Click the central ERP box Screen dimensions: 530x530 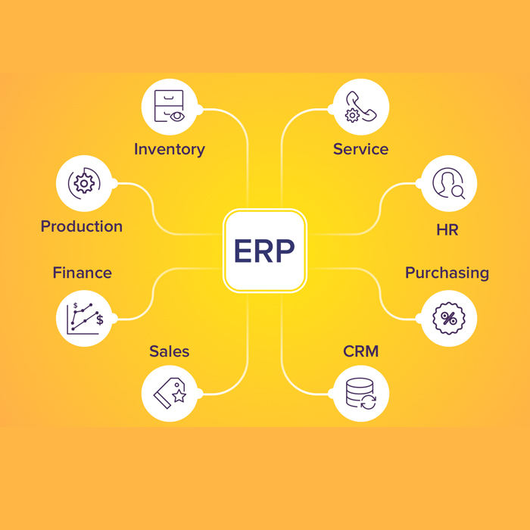[264, 251]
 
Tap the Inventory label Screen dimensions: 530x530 [170, 149]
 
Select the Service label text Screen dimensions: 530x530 [360, 149]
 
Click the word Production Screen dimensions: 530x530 [82, 226]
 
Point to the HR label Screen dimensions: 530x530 [447, 229]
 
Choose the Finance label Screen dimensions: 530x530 [82, 273]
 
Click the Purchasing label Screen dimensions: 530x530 [447, 273]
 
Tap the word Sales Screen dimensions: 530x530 [170, 351]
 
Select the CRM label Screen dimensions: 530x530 [360, 351]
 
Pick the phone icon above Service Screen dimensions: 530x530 [360, 107]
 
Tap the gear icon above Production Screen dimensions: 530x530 [85, 183]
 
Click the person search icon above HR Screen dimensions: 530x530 [447, 184]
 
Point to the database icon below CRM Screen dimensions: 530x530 [360, 394]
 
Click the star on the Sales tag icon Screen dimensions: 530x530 [179, 396]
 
